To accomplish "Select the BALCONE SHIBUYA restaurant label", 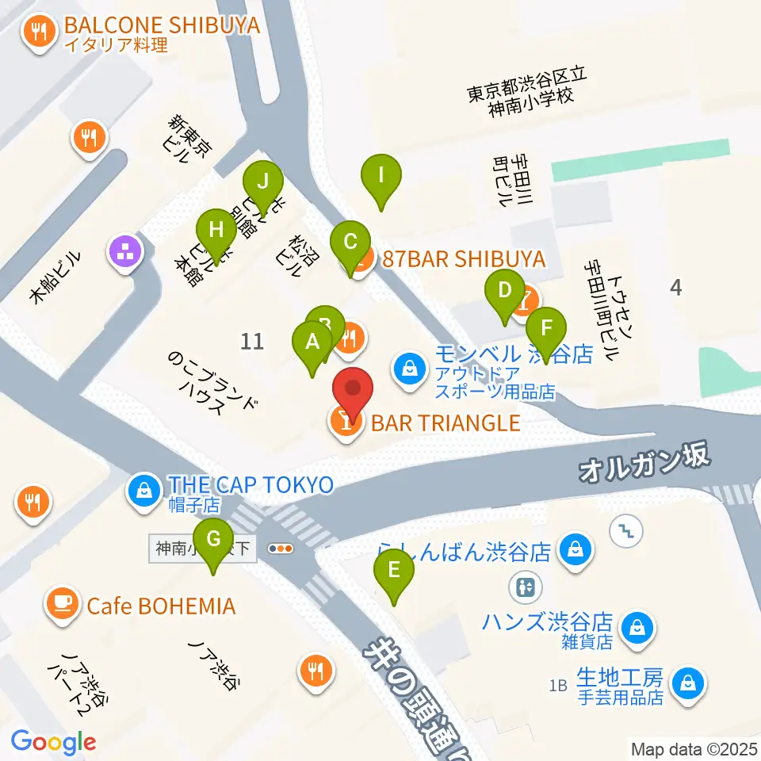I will click(x=162, y=26).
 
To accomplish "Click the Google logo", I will click(x=53, y=743).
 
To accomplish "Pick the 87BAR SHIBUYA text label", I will click(x=464, y=258).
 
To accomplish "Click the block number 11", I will click(x=251, y=342).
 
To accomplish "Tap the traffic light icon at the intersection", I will click(x=281, y=548).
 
